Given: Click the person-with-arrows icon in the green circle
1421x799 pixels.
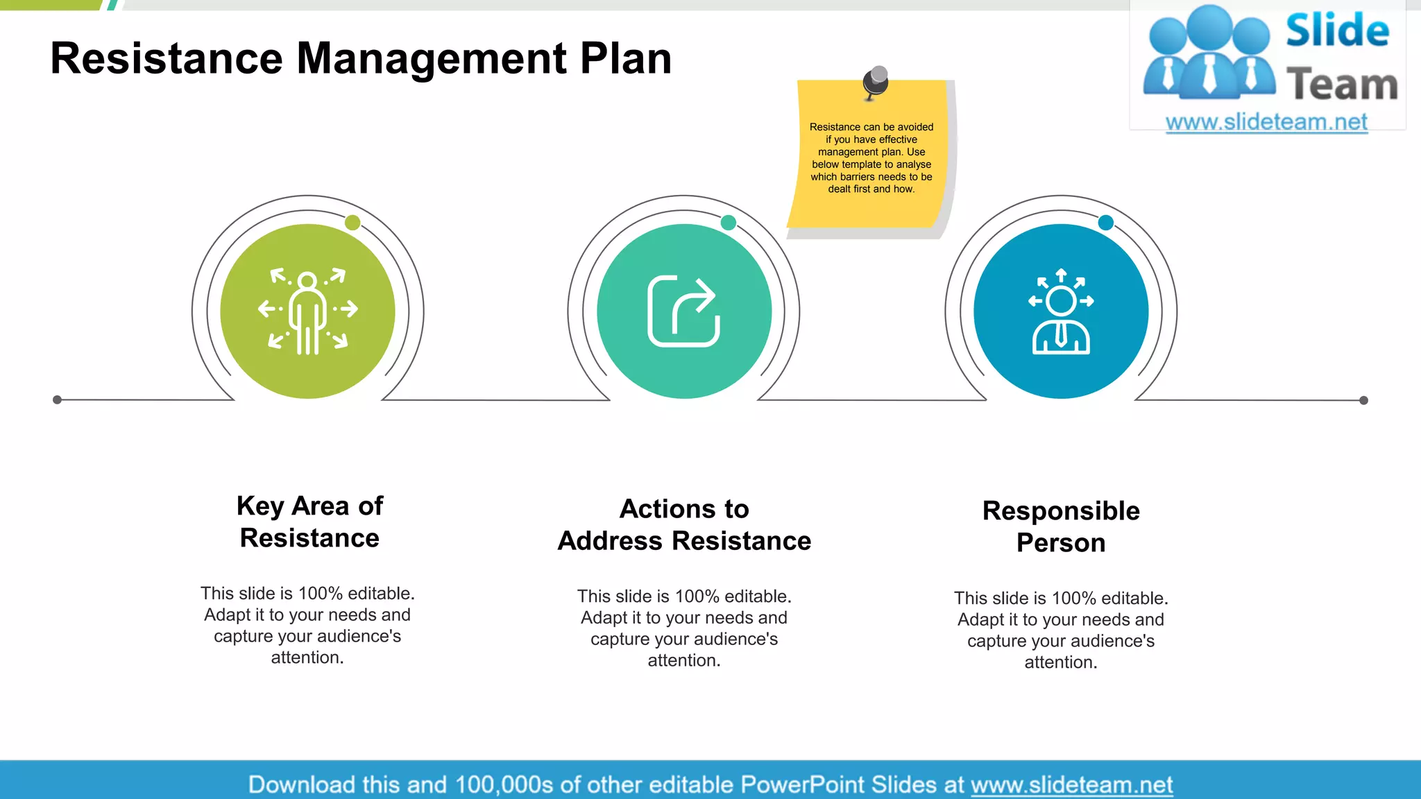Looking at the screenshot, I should (x=308, y=311).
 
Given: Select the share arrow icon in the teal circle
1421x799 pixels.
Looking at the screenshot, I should (x=683, y=311).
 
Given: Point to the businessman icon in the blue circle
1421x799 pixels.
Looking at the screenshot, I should (x=1061, y=311).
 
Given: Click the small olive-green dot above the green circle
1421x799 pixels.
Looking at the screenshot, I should (x=352, y=223).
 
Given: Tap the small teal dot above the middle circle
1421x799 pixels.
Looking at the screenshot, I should (x=729, y=223).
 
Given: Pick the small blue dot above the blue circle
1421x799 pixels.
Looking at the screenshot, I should (x=1106, y=223).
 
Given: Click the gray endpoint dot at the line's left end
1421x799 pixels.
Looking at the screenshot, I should (x=58, y=399).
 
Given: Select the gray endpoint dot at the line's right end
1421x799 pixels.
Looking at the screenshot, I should (x=1363, y=400).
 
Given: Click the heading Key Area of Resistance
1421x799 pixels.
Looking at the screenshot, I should (x=309, y=522).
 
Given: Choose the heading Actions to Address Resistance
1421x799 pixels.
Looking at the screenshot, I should (x=684, y=524).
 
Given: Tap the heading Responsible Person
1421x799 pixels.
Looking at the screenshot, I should (x=1061, y=526).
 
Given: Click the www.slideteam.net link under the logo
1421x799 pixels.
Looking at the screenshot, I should (x=1266, y=122).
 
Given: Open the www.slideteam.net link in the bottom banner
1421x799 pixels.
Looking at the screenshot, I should (x=1071, y=784).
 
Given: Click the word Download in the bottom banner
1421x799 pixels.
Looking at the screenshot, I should (x=301, y=784).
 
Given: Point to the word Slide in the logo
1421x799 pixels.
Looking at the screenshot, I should (x=1337, y=31).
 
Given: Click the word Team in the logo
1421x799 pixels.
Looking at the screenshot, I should (x=1342, y=85).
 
